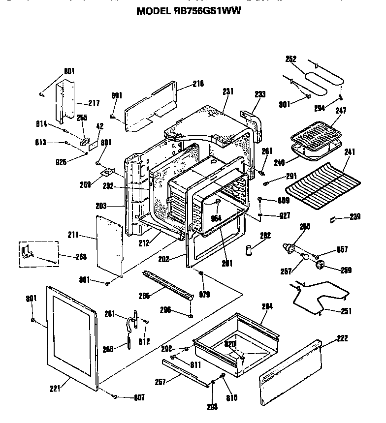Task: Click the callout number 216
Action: pos(198,84)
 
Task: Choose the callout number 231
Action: pos(228,91)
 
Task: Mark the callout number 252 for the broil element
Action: pos(291,59)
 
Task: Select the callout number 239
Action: pos(355,217)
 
